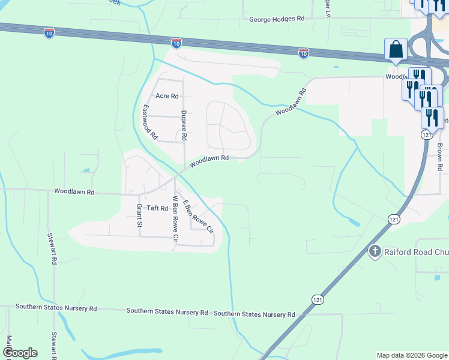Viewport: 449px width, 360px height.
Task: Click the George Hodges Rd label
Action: click(x=277, y=19)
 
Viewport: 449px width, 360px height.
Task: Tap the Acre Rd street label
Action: click(x=167, y=95)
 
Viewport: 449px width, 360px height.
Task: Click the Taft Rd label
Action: click(x=157, y=208)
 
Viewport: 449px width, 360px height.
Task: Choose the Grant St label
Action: click(x=139, y=215)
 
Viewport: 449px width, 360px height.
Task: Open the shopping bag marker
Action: click(x=396, y=50)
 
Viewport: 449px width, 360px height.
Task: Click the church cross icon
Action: click(x=375, y=251)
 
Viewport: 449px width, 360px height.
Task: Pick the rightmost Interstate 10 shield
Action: click(x=304, y=53)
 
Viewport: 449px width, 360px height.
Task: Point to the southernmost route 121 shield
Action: click(x=317, y=298)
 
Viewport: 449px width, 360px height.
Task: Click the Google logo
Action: click(x=20, y=353)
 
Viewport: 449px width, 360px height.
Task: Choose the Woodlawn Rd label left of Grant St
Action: click(x=74, y=192)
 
